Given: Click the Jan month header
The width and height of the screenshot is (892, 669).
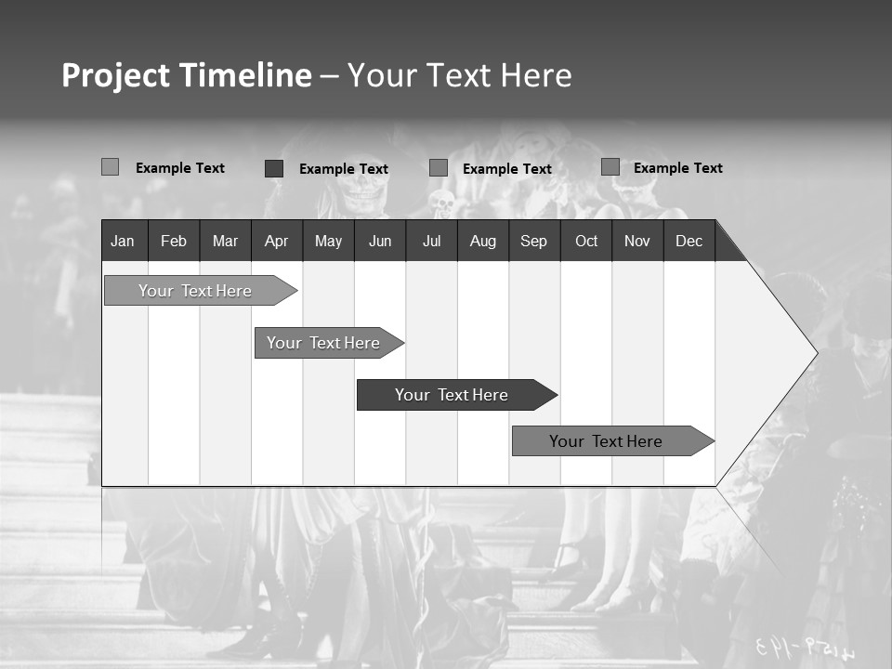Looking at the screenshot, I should [x=123, y=242].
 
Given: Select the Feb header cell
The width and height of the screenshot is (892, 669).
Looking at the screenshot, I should [x=174, y=242].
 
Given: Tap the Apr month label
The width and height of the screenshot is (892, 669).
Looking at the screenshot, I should [x=276, y=242].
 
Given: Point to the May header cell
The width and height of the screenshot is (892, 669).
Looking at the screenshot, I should [x=328, y=242].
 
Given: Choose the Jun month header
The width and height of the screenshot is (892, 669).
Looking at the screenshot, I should [x=380, y=242].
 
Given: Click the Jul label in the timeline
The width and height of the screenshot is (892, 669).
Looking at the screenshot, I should [x=431, y=242].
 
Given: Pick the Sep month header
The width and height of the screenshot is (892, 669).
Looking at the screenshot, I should [x=533, y=242].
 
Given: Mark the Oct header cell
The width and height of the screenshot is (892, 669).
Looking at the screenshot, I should [x=586, y=242].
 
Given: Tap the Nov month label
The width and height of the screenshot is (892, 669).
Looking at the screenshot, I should [x=637, y=242].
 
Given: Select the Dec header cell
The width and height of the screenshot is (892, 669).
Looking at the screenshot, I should [x=689, y=242].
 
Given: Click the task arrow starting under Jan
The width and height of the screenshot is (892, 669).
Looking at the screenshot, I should [x=195, y=291].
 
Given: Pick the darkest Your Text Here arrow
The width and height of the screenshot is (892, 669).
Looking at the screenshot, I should [x=452, y=395].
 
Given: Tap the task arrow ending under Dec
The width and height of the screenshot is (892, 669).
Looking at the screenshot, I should [x=606, y=441].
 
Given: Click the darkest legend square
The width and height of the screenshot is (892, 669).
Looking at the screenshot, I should [x=274, y=168].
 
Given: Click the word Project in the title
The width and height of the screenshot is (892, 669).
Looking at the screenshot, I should [x=115, y=75].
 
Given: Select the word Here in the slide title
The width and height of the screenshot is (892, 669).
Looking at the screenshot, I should [x=536, y=75].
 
